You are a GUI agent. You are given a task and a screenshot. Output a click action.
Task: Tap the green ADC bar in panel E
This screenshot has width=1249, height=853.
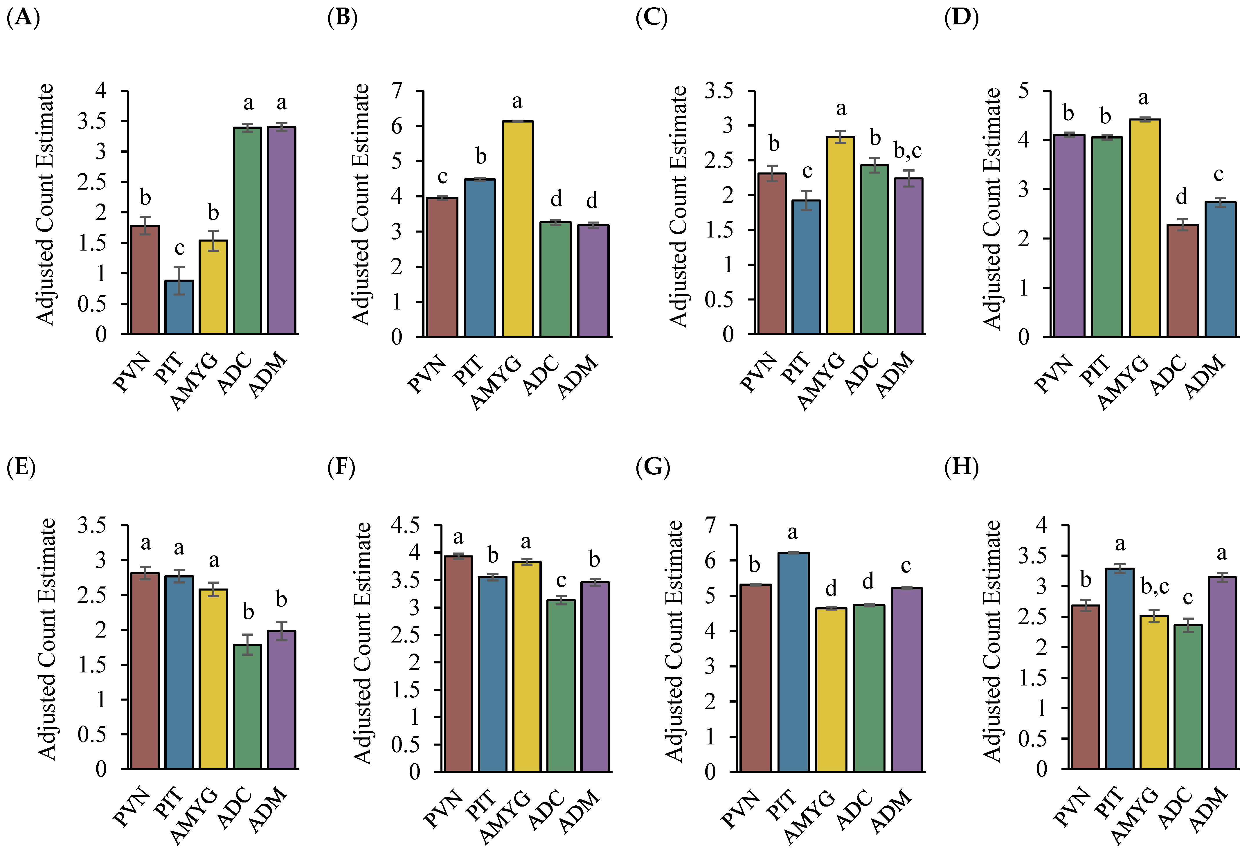pyautogui.click(x=247, y=706)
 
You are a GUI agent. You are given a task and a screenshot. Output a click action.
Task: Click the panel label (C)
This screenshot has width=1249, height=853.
pyautogui.click(x=652, y=18)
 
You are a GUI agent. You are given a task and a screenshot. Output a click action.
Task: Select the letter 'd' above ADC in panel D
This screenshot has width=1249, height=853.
pyautogui.click(x=1181, y=197)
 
